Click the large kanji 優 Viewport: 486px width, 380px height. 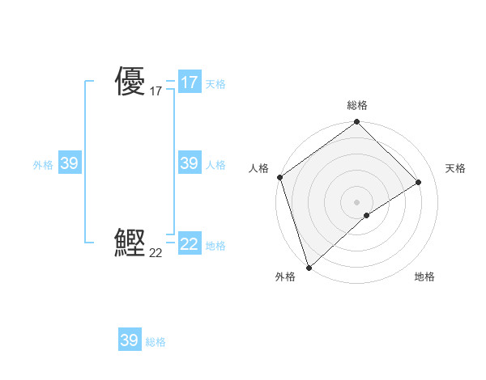pyautogui.click(x=130, y=82)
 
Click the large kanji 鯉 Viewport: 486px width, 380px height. pyautogui.click(x=130, y=243)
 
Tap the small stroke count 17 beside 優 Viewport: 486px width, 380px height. pyautogui.click(x=156, y=92)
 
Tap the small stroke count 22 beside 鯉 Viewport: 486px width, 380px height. pyautogui.click(x=156, y=253)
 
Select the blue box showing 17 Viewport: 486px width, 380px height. pyautogui.click(x=189, y=82)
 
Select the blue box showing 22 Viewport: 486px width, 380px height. pyautogui.click(x=189, y=243)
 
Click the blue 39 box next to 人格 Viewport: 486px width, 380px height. pyautogui.click(x=189, y=163)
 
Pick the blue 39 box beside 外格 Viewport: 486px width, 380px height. pyautogui.click(x=70, y=163)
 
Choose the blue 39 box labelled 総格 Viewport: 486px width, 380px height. pyautogui.click(x=130, y=340)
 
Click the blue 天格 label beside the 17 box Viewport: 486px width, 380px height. pyautogui.click(x=215, y=84)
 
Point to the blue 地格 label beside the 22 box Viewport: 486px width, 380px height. pyautogui.click(x=215, y=246)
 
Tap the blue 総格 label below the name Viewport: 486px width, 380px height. pyautogui.click(x=156, y=342)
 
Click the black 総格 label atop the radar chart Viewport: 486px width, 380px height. pyautogui.click(x=357, y=105)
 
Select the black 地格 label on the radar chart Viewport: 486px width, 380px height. pyautogui.click(x=424, y=277)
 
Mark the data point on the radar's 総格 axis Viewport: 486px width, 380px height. pyautogui.click(x=357, y=122)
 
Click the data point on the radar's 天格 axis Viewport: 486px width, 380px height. pyautogui.click(x=419, y=182)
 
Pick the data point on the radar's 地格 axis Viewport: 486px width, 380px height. pyautogui.click(x=367, y=215)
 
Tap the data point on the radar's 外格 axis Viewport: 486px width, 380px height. pyautogui.click(x=309, y=267)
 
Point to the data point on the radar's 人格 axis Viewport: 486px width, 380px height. pyautogui.click(x=279, y=177)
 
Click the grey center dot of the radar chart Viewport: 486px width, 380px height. pyautogui.click(x=357, y=201)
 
